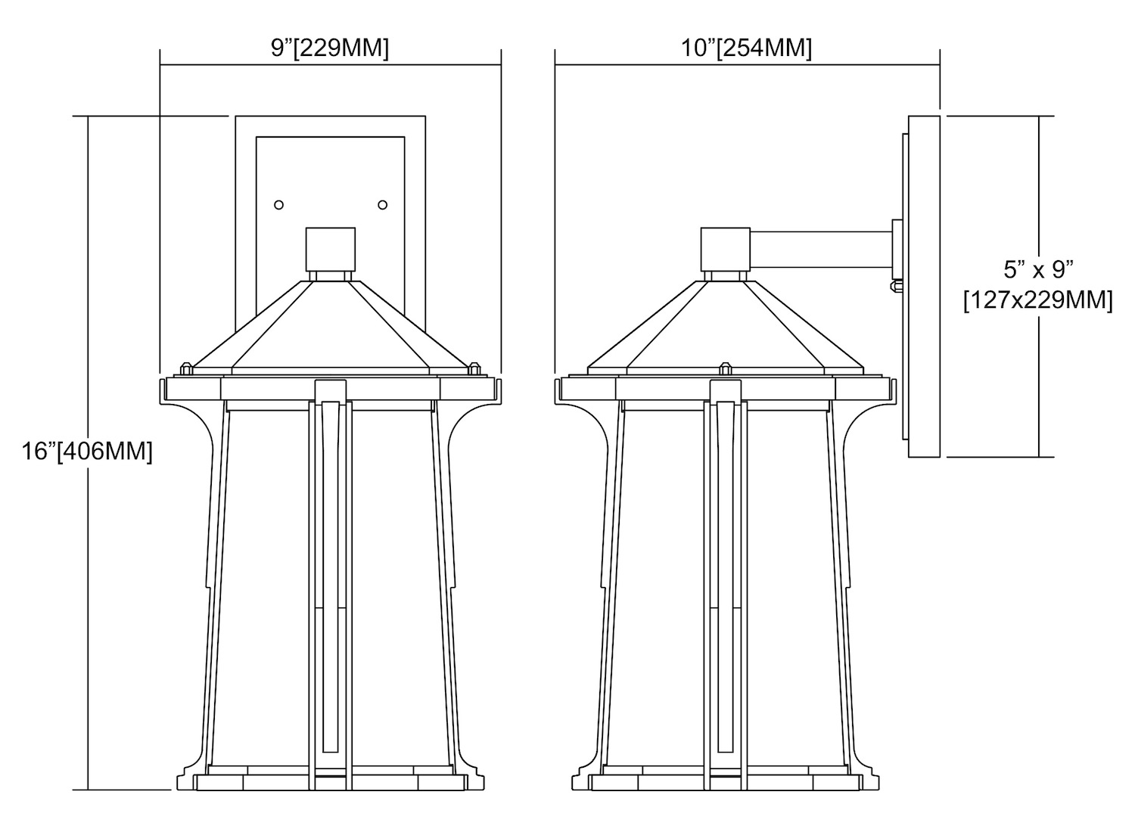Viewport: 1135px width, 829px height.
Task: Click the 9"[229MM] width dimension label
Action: (x=330, y=48)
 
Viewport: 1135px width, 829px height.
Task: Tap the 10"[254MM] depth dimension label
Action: (x=746, y=48)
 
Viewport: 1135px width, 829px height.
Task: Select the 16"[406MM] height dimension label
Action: (x=87, y=451)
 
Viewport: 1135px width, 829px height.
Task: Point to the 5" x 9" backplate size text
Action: (x=1039, y=270)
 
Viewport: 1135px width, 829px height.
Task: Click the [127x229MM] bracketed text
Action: (x=1038, y=301)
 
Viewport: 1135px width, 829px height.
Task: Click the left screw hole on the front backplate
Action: (x=278, y=205)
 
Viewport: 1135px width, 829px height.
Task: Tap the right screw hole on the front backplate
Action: (x=383, y=205)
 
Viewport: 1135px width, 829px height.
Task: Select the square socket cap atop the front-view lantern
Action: (x=331, y=249)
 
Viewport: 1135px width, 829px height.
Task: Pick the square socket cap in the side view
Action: (x=725, y=249)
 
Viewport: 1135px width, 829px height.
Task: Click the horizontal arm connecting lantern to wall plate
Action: (x=821, y=249)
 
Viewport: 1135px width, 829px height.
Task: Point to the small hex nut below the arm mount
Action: (x=897, y=287)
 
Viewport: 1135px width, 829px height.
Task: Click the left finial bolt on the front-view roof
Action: (x=186, y=368)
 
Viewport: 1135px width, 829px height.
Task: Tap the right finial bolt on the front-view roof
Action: (x=474, y=368)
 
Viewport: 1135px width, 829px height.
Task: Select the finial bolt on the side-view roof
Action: (x=725, y=368)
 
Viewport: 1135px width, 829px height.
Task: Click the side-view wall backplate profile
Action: (x=924, y=287)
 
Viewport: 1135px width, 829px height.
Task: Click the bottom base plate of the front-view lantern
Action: (x=331, y=782)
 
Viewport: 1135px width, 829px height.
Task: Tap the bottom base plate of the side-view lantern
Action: (x=725, y=782)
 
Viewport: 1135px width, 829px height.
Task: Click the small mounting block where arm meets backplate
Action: (x=897, y=249)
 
